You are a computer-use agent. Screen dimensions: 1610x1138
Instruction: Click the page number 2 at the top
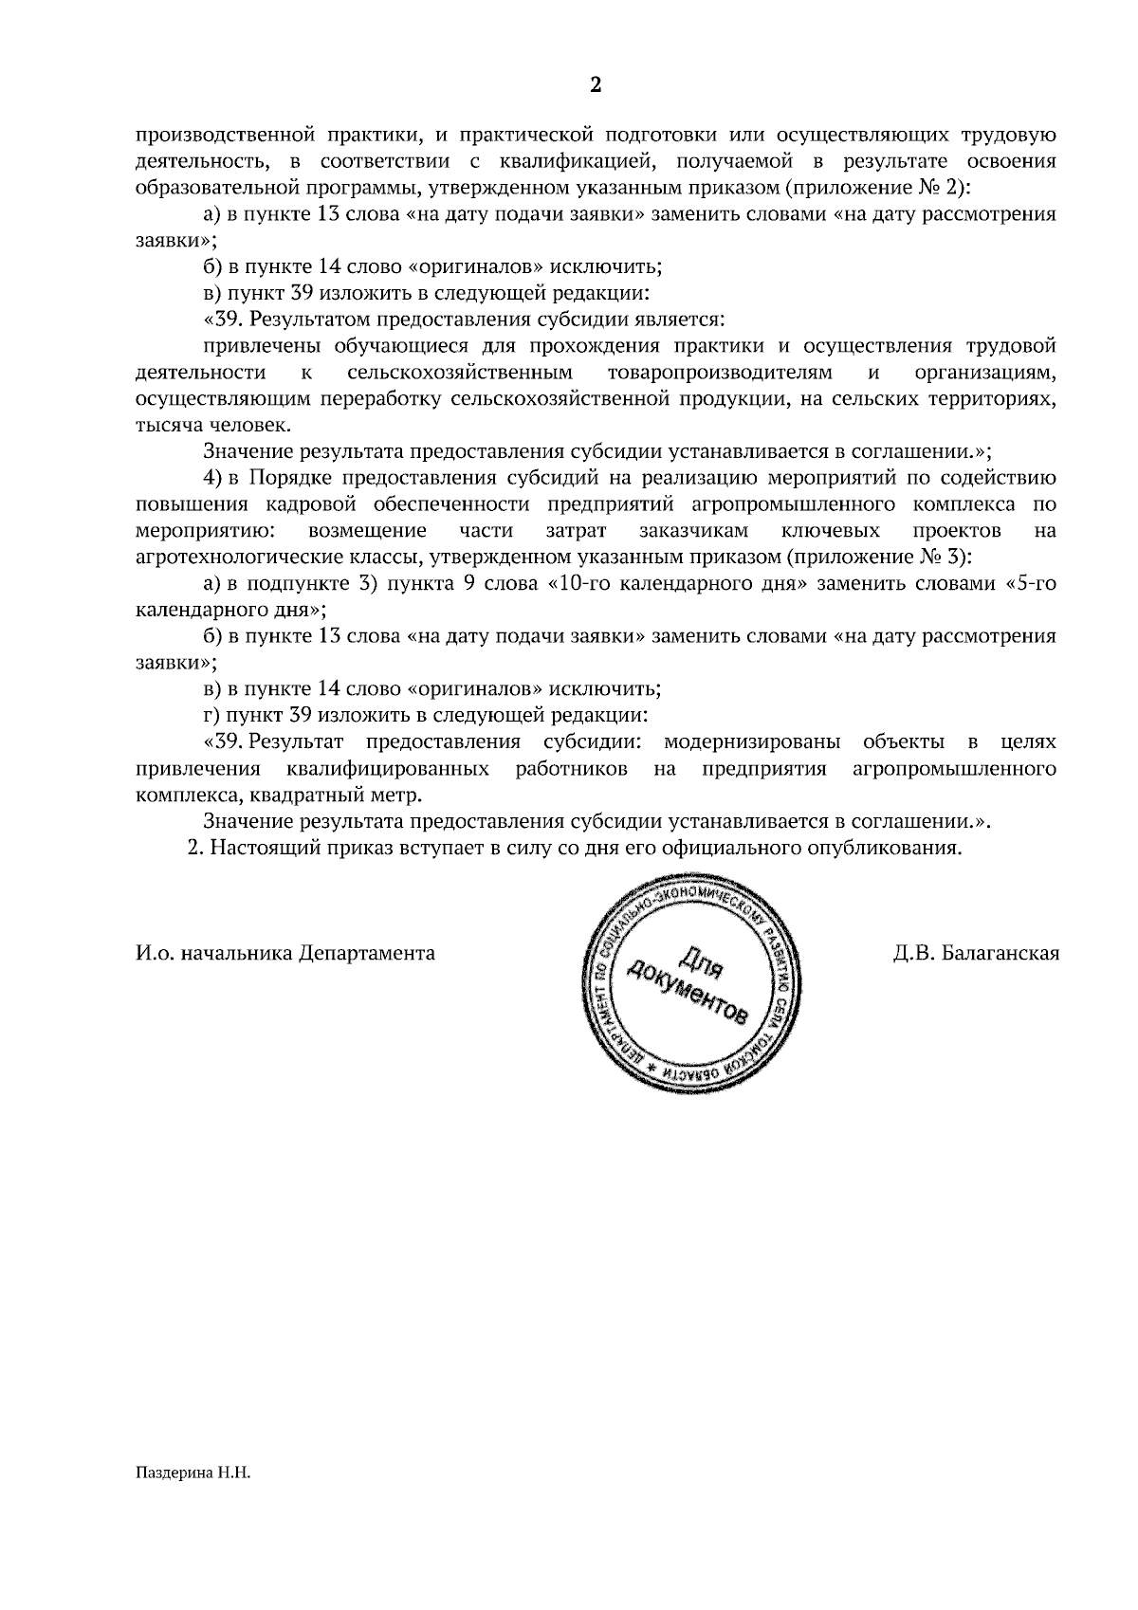click(596, 85)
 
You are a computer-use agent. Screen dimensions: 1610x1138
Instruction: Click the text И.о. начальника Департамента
click(285, 953)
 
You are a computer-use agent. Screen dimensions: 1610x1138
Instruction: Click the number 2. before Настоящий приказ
click(196, 847)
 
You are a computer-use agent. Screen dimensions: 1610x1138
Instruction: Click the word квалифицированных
click(388, 767)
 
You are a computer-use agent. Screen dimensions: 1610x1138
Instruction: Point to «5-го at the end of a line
click(1030, 583)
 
